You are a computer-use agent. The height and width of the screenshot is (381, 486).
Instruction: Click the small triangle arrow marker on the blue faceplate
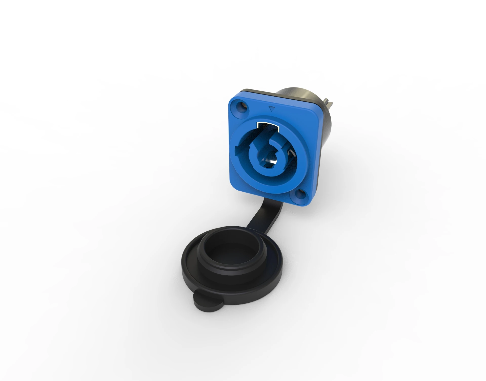272,109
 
